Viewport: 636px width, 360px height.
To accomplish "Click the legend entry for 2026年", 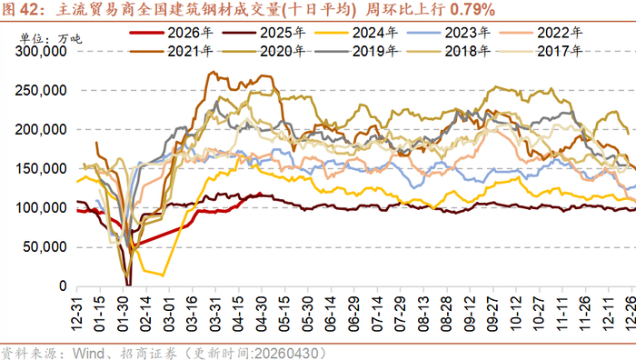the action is click(171, 33).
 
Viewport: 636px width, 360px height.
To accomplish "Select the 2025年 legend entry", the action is click(263, 33).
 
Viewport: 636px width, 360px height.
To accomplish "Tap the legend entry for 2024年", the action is click(356, 33).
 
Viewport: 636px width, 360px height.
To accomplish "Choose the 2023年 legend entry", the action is click(449, 33).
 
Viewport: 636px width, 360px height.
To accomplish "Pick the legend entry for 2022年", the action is click(542, 33).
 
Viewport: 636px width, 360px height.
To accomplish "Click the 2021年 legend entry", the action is click(171, 51).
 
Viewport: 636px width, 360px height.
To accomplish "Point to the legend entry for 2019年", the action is click(356, 51).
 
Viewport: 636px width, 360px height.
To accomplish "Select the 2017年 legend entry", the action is click(542, 51).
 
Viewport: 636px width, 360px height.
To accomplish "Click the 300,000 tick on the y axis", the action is click(41, 52).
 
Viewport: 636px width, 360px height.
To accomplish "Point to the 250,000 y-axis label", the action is click(41, 91).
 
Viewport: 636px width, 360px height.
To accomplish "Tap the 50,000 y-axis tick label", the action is click(45, 246).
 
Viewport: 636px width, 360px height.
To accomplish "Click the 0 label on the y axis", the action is click(63, 286).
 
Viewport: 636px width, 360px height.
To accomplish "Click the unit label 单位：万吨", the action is click(51, 39).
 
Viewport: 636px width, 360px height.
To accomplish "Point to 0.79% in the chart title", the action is click(472, 10).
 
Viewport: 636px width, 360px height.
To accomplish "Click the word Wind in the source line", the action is click(88, 353).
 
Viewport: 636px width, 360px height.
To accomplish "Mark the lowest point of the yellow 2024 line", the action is click(163, 276).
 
